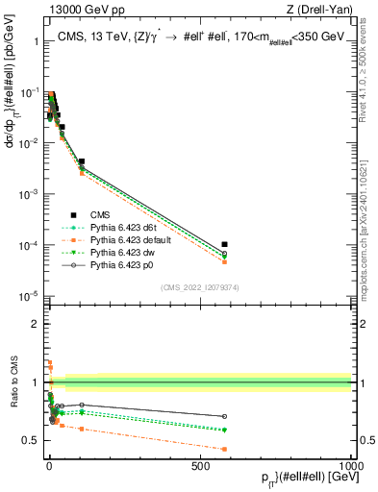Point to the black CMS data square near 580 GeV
tap(224, 245)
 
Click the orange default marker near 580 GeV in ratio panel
tap(224, 449)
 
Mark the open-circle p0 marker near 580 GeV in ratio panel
tap(224, 416)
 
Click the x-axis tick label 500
tap(200, 465)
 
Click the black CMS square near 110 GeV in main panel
tap(82, 162)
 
